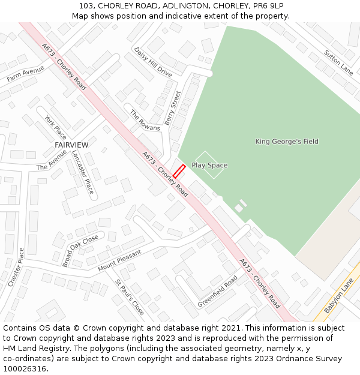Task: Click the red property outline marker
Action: click(x=179, y=170)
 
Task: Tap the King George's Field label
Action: click(x=287, y=142)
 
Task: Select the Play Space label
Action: click(x=209, y=165)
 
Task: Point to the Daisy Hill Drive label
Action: click(x=152, y=62)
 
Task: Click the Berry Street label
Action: click(x=173, y=108)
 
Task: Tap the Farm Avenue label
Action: click(x=26, y=74)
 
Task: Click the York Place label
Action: click(x=55, y=127)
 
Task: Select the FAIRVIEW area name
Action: click(x=71, y=145)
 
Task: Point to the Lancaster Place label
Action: click(x=83, y=172)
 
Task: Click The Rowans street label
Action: click(x=145, y=120)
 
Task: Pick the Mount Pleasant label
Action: click(x=119, y=260)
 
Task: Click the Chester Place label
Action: click(x=15, y=267)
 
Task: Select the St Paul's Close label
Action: click(x=130, y=298)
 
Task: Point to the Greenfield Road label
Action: click(x=218, y=291)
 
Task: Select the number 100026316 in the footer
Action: click(x=25, y=368)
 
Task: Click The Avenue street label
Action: click(x=52, y=160)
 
